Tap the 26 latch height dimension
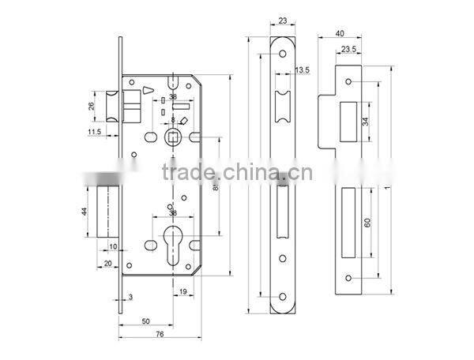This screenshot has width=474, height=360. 91,105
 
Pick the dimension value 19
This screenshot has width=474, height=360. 182,292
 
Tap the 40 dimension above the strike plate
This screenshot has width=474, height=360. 339,33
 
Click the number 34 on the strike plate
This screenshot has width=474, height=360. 365,121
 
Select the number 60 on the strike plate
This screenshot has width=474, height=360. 367,223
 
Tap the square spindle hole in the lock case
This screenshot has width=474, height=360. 173,139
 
